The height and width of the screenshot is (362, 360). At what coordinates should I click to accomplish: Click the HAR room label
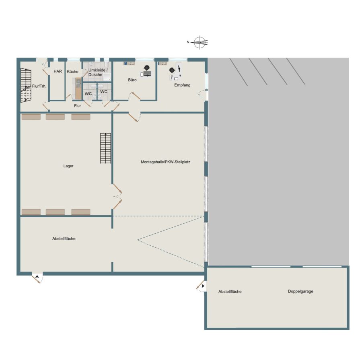(58, 71)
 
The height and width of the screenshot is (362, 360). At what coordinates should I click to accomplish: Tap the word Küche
(72, 72)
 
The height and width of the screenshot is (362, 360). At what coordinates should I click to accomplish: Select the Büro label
(132, 80)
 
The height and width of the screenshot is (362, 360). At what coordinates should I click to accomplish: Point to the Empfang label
(182, 85)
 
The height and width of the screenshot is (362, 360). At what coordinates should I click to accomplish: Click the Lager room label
(68, 166)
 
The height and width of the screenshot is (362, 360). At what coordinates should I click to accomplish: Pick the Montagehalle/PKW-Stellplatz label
(166, 162)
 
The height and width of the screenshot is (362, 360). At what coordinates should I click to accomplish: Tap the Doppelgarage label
(300, 291)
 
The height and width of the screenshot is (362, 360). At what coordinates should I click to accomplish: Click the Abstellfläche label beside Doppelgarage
(230, 292)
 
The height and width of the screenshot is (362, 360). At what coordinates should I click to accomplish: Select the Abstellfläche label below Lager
(64, 239)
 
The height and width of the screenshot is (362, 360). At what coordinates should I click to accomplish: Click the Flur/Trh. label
(39, 86)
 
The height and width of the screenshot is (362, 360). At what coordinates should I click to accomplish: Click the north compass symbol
(200, 43)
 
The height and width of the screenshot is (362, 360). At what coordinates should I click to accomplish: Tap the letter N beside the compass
(188, 42)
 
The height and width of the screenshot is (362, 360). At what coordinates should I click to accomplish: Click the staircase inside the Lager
(105, 148)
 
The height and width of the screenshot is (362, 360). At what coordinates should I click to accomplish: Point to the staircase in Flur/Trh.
(26, 85)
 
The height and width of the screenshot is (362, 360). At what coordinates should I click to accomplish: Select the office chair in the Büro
(146, 68)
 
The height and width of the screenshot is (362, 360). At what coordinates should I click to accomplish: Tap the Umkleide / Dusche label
(98, 72)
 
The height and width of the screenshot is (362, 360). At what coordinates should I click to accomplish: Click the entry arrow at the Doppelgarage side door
(203, 286)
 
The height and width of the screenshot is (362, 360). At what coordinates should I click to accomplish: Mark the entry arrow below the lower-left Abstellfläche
(37, 276)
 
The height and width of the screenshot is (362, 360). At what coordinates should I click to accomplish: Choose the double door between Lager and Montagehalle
(117, 196)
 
